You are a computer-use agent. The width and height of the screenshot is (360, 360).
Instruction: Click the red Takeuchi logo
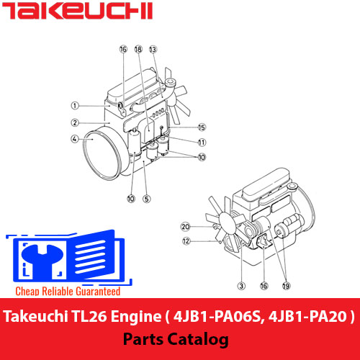pos(77,11)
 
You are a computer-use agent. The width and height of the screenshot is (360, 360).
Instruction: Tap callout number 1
pos(75,106)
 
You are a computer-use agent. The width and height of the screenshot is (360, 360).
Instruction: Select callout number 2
pos(75,122)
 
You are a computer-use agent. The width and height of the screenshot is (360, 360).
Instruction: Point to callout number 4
pos(75,139)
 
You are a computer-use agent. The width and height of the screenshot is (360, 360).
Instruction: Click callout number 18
pos(138,49)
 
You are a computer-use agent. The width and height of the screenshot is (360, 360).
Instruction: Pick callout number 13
pos(153,49)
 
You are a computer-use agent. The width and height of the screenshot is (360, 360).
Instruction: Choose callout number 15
pos(202,127)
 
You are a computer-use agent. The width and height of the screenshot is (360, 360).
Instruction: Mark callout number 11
pos(202,143)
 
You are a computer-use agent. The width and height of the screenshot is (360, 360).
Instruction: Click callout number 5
pos(147,199)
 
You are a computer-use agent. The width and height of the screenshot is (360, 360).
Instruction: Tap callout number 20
pos(185,227)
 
